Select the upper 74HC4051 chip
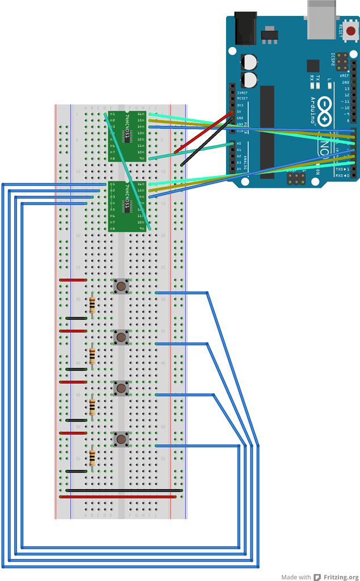[128, 136]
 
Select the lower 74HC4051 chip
[128, 207]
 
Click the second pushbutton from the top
[121, 338]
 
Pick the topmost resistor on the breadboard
[92, 306]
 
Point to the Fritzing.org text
[341, 576]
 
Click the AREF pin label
[345, 75]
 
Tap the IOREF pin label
[242, 92]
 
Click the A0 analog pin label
[239, 144]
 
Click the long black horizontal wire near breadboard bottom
[124, 490]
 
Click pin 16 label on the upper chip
[140, 115]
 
